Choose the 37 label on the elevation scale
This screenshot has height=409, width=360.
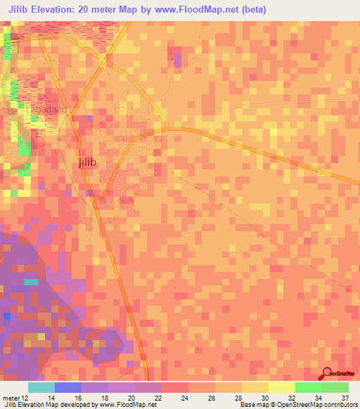point(345,379)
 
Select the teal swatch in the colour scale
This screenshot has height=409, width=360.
point(41,387)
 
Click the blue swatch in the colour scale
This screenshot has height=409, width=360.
point(68,387)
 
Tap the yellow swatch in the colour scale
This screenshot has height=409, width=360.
point(282,387)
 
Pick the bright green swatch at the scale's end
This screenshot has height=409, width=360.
point(335,387)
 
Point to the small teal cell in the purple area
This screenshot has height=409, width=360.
point(30,282)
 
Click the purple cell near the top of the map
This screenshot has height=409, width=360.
point(177,58)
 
